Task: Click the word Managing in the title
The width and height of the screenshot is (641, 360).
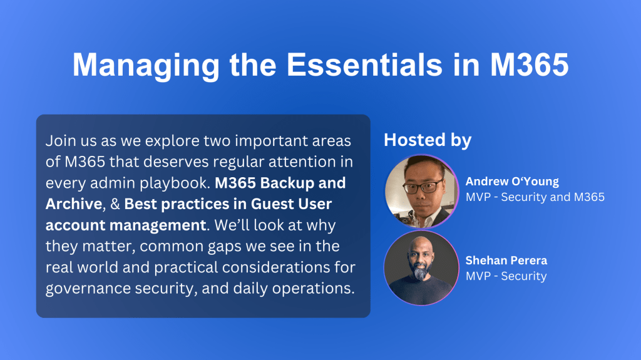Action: tap(146, 66)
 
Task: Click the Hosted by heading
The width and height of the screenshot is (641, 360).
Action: tap(428, 140)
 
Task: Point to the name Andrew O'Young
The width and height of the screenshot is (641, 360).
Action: tap(512, 181)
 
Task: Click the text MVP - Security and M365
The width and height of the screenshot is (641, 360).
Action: tap(535, 197)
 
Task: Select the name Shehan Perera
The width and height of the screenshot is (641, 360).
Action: tap(506, 260)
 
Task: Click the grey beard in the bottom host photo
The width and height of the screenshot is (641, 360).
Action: tap(421, 272)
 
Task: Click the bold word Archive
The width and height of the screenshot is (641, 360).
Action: tap(74, 203)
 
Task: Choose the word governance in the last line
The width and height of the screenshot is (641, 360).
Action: tap(88, 289)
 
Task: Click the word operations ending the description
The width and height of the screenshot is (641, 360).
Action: tap(314, 289)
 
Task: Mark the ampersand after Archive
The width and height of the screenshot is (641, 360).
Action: tap(115, 204)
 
